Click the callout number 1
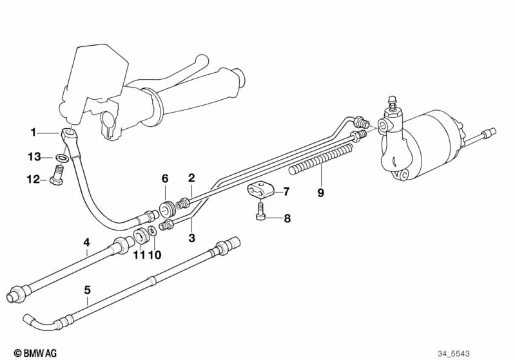[33, 133]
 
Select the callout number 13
[34, 157]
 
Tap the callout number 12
[33, 180]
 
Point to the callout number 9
[320, 193]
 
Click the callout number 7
[286, 191]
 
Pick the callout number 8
[287, 218]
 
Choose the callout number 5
[87, 290]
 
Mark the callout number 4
[86, 243]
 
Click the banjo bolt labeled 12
[57, 176]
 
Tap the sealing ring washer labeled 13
[62, 158]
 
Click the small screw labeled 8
[260, 211]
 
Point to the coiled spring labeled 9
[322, 156]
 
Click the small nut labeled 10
[152, 231]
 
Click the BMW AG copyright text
[35, 353]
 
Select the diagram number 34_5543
[454, 354]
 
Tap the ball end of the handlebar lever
[201, 61]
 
